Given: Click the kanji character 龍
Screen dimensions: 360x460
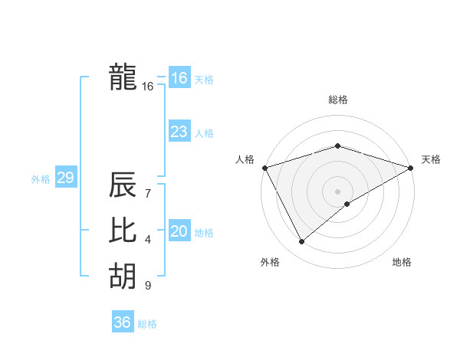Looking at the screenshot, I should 123,77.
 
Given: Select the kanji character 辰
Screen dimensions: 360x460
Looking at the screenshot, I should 123,185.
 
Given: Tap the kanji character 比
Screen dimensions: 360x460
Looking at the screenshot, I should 123,231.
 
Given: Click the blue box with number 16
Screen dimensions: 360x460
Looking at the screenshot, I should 179,78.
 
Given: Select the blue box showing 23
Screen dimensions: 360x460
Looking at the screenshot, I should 179,132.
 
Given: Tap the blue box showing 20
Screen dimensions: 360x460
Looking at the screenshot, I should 179,231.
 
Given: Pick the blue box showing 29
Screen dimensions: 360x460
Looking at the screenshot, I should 65,178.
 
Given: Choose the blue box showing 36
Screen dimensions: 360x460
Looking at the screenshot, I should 122,322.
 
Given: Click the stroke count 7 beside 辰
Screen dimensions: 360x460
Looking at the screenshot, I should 147,193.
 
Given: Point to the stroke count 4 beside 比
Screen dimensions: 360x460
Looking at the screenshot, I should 147,240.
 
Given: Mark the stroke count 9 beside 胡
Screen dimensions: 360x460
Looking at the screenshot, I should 147,286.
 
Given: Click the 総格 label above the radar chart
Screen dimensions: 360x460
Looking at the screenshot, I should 337,100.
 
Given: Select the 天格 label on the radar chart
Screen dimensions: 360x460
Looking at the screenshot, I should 431,159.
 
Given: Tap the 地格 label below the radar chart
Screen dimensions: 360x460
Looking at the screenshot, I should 402,263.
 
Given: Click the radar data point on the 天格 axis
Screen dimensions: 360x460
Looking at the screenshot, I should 411,167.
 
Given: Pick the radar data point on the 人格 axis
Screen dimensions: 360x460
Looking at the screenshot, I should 264,167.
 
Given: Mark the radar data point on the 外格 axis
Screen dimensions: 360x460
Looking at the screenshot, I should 301,242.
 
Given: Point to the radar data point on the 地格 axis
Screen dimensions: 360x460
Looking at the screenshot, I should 347,204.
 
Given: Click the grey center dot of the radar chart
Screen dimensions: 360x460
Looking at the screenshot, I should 337,191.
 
